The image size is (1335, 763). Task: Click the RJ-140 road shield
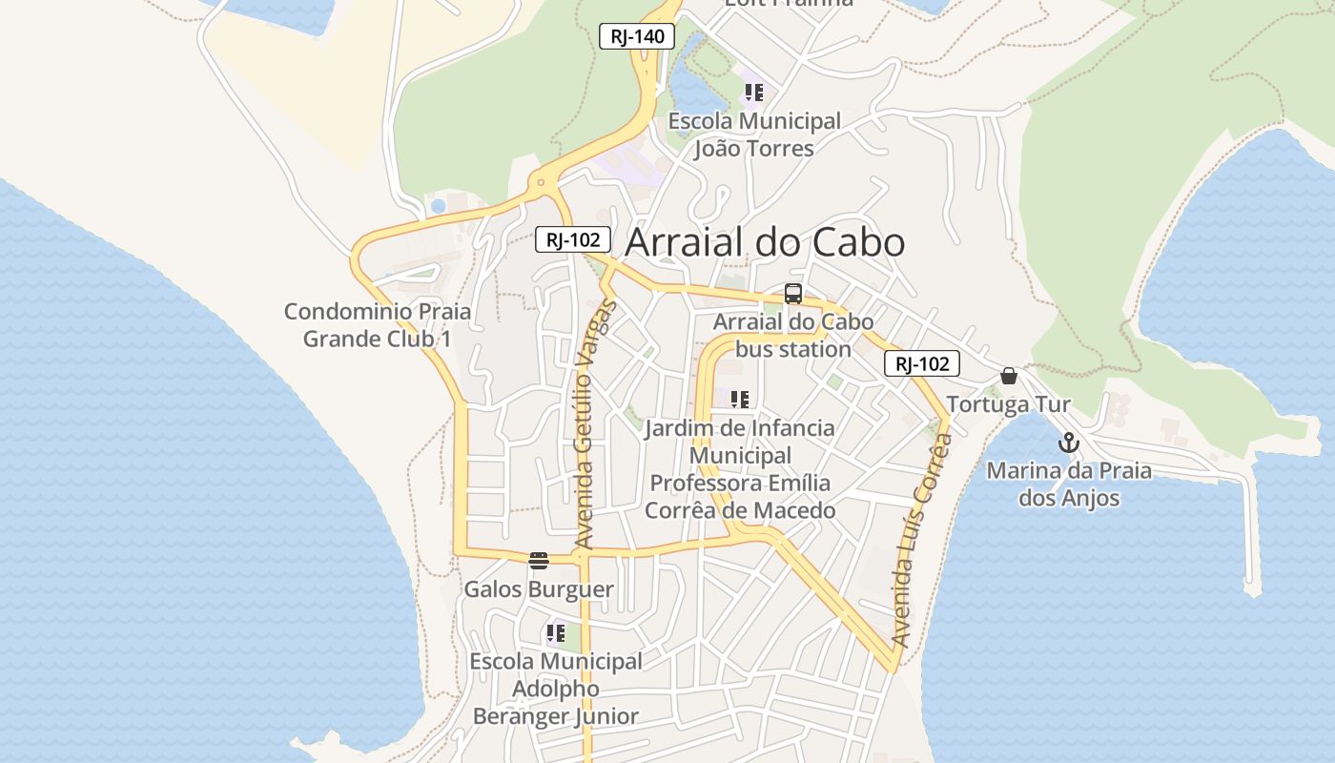(637, 37)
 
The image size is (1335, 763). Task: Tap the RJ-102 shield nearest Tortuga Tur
(921, 363)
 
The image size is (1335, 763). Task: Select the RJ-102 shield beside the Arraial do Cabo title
(572, 239)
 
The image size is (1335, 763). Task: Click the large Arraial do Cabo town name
(764, 242)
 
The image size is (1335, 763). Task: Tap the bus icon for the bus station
(792, 294)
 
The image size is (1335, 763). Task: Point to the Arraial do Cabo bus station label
(792, 336)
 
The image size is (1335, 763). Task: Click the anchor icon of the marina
(1068, 443)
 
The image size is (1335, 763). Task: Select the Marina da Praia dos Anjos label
(1068, 484)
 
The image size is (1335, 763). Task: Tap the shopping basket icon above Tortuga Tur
(1009, 376)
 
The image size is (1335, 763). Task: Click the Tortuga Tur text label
(1008, 404)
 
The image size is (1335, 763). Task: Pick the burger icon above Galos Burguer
(539, 560)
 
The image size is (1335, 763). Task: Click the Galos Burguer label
(539, 589)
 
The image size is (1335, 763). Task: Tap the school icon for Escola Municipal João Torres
(754, 93)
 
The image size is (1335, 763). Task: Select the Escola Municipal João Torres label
(754, 134)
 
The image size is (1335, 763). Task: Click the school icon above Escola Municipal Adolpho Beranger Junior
(556, 632)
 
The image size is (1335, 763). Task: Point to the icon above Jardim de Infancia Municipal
(739, 399)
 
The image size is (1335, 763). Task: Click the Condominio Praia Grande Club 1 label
(378, 325)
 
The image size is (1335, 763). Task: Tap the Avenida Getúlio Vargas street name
(595, 425)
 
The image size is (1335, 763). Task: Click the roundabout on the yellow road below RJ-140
(541, 181)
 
